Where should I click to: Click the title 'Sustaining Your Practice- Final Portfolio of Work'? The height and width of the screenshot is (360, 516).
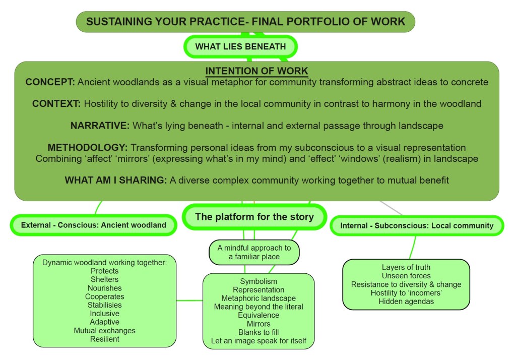(x=245, y=22)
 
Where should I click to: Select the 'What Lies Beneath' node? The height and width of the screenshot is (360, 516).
(x=240, y=47)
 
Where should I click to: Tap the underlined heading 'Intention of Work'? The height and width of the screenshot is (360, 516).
(x=256, y=71)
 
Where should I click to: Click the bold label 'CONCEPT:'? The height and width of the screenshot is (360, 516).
(x=50, y=82)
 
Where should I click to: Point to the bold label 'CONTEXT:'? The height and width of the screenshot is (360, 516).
(x=56, y=104)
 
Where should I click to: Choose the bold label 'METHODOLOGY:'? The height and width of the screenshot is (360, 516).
(x=88, y=148)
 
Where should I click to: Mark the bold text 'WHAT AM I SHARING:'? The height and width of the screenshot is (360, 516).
(x=116, y=180)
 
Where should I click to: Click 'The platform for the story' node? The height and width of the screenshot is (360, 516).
(x=254, y=217)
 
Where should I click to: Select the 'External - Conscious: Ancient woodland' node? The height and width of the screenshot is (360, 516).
(x=94, y=225)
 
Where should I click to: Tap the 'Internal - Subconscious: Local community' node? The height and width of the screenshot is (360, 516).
(x=417, y=225)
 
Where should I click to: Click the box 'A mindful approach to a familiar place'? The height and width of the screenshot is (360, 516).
(x=254, y=252)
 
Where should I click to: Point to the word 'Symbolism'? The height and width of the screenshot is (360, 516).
(x=259, y=281)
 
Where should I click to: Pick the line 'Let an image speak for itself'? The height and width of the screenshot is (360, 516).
(x=259, y=341)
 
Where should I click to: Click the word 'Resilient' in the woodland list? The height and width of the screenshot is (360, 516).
(x=104, y=339)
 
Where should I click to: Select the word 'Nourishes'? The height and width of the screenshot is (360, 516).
(x=104, y=288)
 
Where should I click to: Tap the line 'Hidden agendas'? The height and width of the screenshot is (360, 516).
(x=406, y=302)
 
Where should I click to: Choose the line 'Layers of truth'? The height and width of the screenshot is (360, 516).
(x=406, y=267)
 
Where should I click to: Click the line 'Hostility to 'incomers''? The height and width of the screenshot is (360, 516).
(x=406, y=293)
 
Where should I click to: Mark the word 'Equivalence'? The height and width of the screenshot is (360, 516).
(x=259, y=315)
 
